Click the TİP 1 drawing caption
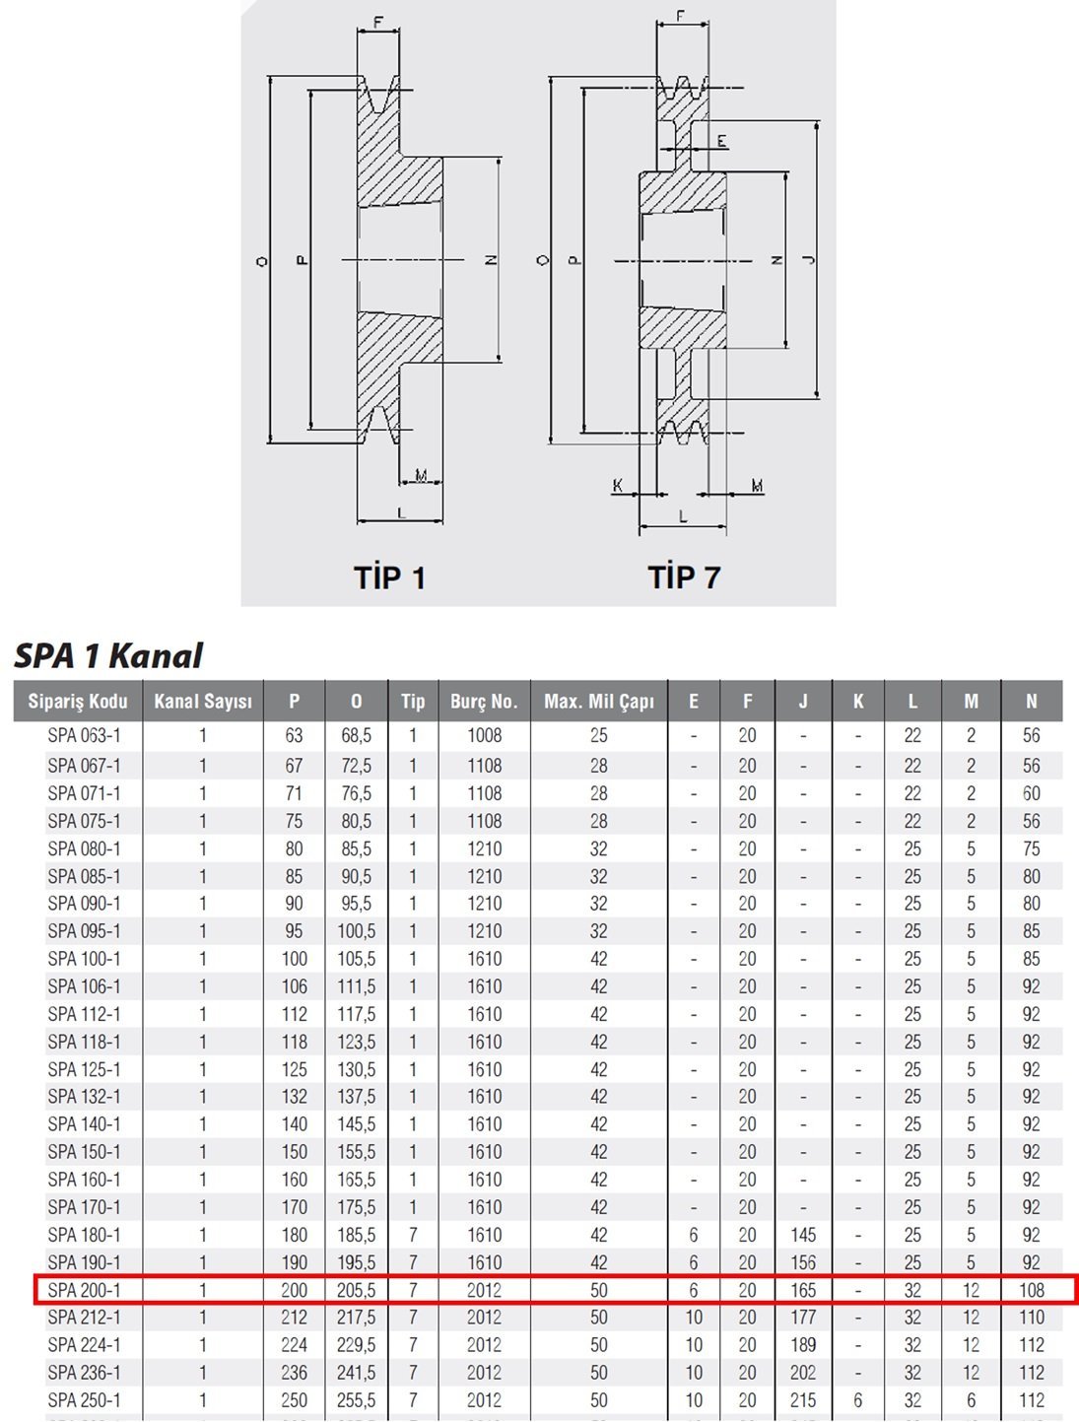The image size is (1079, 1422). (x=390, y=576)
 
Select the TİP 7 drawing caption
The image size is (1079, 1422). (x=684, y=576)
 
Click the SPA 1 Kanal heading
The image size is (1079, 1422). (x=108, y=655)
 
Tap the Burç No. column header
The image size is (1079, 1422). (x=483, y=702)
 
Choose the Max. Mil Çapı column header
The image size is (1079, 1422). (x=598, y=702)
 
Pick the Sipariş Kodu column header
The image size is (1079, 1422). (x=77, y=702)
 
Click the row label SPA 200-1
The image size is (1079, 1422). (x=84, y=1290)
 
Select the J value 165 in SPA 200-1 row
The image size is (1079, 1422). (x=803, y=1290)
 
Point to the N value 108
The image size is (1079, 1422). (x=1031, y=1290)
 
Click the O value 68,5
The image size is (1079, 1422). (x=356, y=736)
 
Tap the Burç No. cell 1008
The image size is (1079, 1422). (x=484, y=736)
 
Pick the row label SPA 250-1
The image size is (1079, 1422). (x=84, y=1400)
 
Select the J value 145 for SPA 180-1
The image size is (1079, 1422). (x=803, y=1235)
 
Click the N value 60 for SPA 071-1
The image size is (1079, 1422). (x=1031, y=793)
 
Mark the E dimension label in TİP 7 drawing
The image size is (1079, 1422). (x=722, y=142)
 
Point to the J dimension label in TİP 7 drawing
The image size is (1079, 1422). (x=809, y=260)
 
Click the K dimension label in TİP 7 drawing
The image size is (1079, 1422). (x=618, y=485)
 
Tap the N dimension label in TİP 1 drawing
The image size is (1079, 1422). (x=491, y=260)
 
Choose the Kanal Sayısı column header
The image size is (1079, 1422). (x=203, y=702)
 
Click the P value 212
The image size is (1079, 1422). (x=294, y=1318)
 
